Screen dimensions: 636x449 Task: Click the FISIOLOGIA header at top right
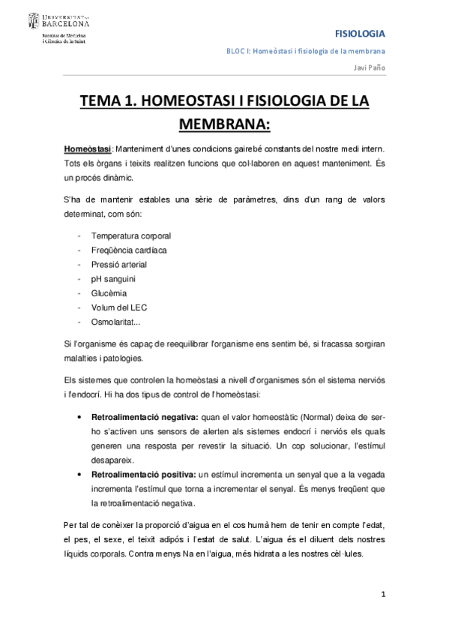(360, 34)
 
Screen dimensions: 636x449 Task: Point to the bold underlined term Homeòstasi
(88, 148)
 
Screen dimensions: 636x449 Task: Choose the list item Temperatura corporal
(131, 235)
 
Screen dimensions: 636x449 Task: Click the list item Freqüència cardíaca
(129, 250)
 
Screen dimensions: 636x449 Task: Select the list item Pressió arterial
(118, 264)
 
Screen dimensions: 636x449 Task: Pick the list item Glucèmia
(109, 293)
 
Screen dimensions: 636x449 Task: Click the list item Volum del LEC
(120, 307)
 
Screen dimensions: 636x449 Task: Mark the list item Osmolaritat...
(121, 322)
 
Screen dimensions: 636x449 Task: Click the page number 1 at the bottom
(382, 595)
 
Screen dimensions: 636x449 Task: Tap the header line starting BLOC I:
(306, 51)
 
